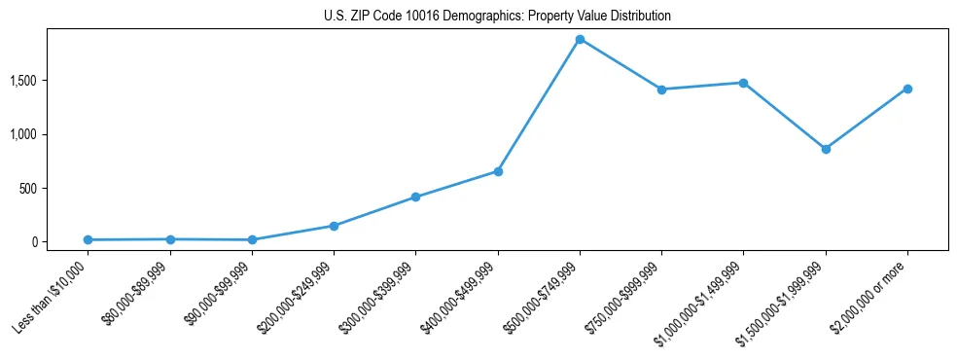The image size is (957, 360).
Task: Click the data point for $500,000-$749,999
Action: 580,40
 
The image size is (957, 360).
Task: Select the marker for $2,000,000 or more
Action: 907,89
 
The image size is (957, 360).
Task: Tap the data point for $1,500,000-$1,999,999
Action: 826,149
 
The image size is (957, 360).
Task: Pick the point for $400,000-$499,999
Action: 498,171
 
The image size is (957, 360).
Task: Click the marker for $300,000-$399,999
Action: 415,197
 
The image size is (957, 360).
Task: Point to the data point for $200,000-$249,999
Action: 334,226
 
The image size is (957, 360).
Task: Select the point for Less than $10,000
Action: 88,239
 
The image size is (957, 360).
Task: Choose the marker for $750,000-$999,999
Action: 661,90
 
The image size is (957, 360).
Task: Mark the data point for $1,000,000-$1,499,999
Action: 743,83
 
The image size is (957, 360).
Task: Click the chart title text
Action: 497,17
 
